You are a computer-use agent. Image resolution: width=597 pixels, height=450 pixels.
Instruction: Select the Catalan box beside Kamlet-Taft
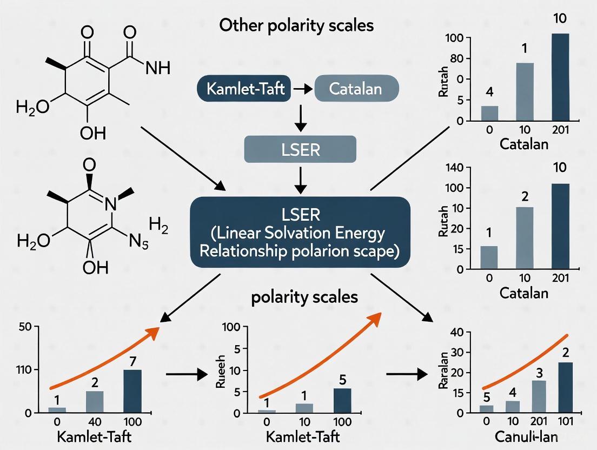click(x=356, y=89)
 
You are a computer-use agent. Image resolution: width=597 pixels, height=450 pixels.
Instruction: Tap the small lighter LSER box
click(x=301, y=149)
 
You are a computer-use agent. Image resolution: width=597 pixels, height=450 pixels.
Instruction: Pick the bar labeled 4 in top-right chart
click(x=489, y=113)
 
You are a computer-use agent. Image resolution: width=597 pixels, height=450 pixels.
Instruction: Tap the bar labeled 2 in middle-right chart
click(x=525, y=238)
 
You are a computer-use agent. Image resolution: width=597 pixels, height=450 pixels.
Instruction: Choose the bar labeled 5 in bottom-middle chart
click(x=342, y=400)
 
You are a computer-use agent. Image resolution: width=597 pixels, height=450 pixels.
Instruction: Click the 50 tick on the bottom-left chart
click(x=25, y=327)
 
